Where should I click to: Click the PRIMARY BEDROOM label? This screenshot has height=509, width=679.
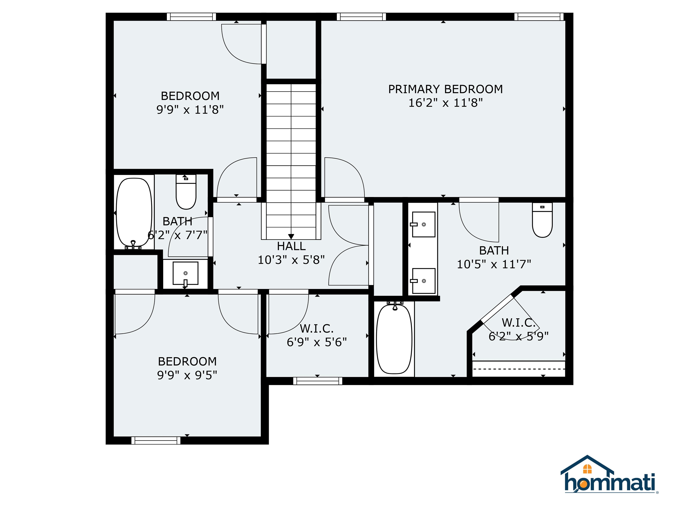[x=445, y=89]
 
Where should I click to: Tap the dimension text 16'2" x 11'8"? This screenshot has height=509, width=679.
[x=445, y=103]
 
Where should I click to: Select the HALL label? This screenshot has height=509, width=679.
[x=291, y=246]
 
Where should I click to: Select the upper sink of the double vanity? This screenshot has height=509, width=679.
[x=423, y=224]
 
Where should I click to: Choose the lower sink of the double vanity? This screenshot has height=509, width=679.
[x=423, y=281]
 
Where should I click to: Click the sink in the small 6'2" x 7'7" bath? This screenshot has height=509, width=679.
[x=185, y=273]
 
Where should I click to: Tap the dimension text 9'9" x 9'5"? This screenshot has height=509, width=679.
[x=187, y=375]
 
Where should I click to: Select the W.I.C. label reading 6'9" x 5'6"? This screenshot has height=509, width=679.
[x=317, y=329]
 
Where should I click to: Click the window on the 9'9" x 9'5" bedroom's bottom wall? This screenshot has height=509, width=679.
[x=156, y=440]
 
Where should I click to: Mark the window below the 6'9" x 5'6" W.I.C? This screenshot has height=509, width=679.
[x=317, y=381]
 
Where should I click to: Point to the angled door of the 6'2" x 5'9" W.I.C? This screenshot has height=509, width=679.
[x=497, y=308]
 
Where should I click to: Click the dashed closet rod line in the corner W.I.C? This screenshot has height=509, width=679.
[x=519, y=369]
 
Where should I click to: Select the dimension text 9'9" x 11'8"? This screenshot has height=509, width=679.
[x=190, y=110]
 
